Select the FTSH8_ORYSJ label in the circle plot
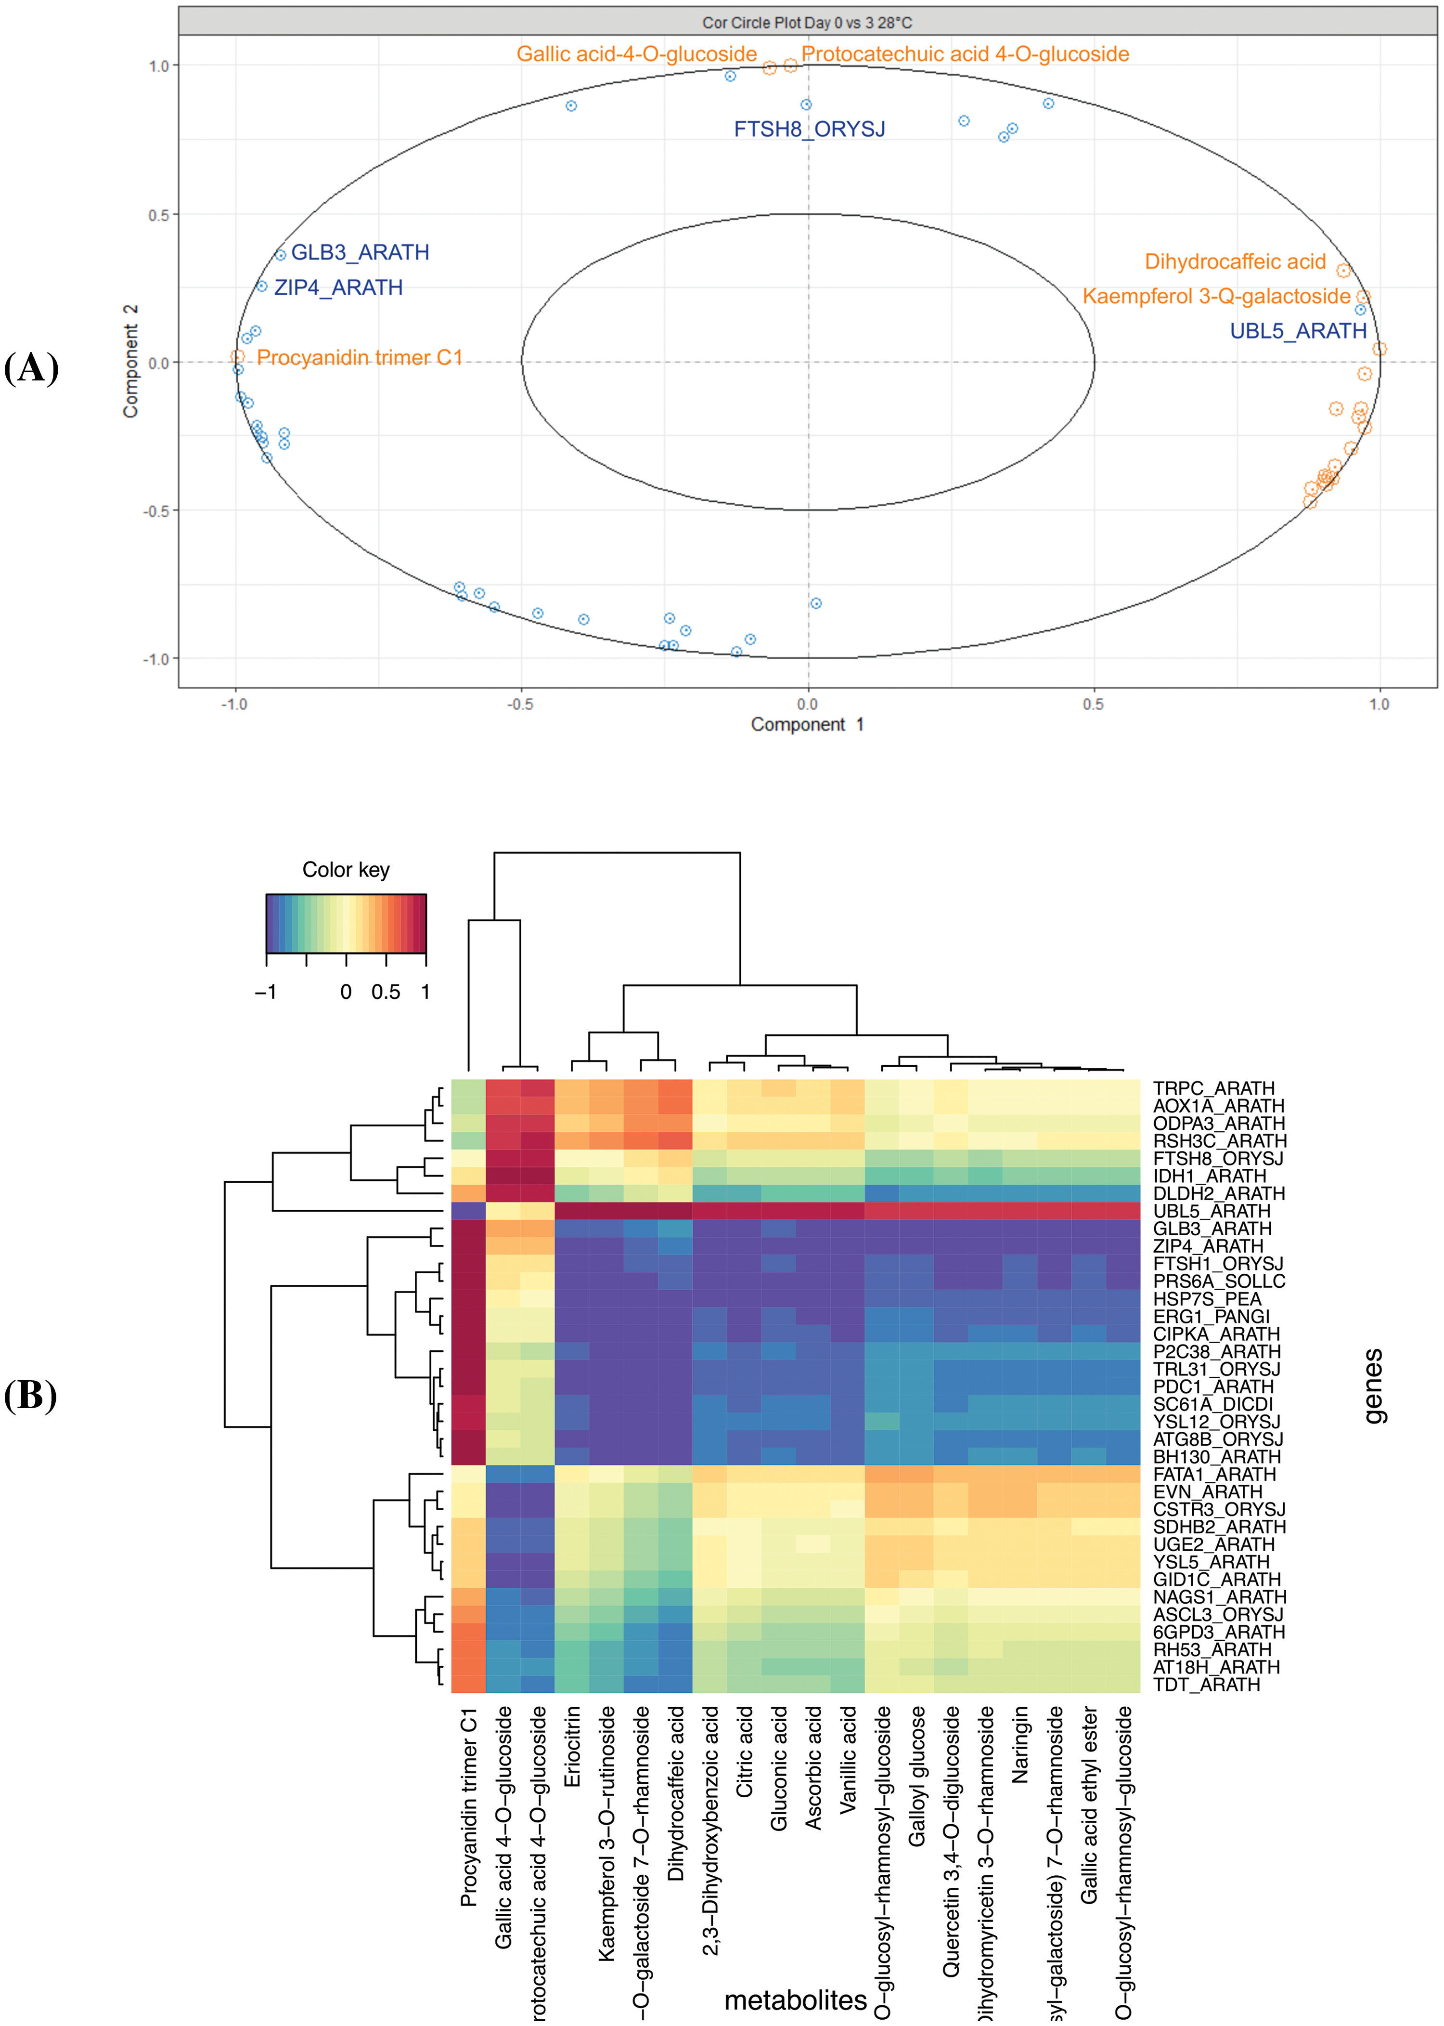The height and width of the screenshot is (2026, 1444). (x=809, y=129)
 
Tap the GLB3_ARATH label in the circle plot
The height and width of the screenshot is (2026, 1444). (x=360, y=252)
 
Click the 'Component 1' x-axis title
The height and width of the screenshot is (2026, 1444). (x=806, y=724)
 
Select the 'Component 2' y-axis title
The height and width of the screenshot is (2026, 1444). (x=131, y=361)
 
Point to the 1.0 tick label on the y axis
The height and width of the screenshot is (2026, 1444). (x=158, y=66)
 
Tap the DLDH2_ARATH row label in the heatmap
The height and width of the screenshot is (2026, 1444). (x=1218, y=1193)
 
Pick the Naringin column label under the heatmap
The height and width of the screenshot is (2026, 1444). (x=1020, y=1744)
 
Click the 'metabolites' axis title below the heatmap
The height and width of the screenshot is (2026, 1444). (x=795, y=2000)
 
